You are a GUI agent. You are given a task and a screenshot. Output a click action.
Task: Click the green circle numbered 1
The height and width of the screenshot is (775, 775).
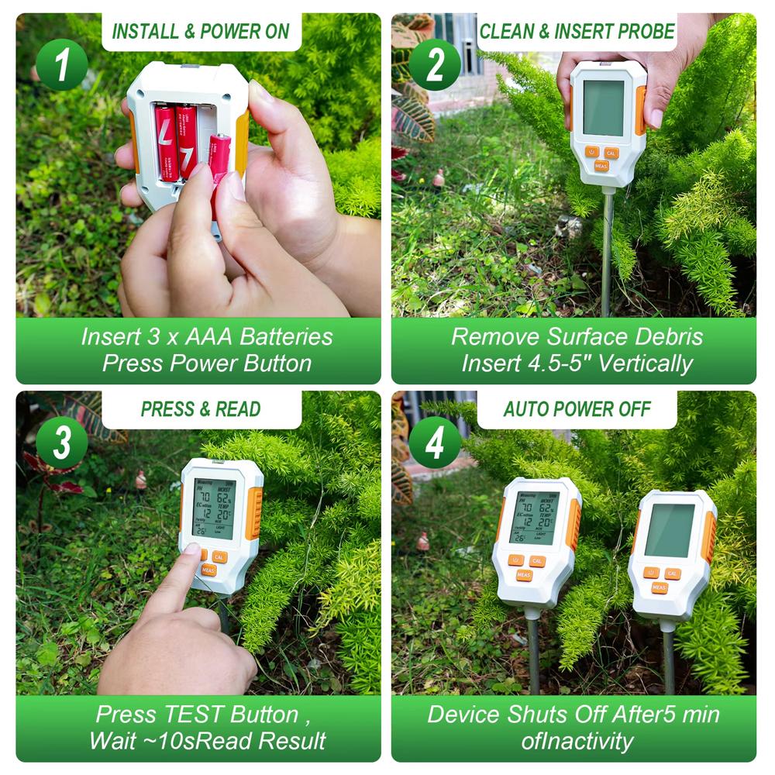tap(61, 64)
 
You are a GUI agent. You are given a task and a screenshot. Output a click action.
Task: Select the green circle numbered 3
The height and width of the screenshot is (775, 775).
tap(61, 443)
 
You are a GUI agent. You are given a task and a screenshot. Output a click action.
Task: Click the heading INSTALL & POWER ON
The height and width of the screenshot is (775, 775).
tap(201, 32)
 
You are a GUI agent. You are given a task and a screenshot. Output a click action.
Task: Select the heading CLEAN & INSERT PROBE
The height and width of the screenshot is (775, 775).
tap(577, 32)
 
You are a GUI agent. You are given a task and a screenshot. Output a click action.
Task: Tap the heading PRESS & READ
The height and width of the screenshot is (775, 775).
tap(201, 409)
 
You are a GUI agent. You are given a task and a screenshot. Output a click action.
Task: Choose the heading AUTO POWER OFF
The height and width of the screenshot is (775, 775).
tap(577, 409)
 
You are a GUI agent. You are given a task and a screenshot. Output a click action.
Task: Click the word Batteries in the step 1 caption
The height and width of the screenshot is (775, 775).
tap(287, 337)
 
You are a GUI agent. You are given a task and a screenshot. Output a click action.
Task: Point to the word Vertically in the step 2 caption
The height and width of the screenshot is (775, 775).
tap(644, 363)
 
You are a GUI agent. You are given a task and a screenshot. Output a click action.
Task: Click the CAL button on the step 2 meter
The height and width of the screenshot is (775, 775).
tap(612, 153)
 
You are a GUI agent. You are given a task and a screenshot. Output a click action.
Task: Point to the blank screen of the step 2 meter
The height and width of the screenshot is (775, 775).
tap(604, 108)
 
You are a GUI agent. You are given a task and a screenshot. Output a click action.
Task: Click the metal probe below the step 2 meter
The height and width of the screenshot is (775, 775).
tap(607, 248)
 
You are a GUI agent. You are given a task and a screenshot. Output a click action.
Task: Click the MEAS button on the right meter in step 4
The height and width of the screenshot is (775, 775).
tap(660, 587)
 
